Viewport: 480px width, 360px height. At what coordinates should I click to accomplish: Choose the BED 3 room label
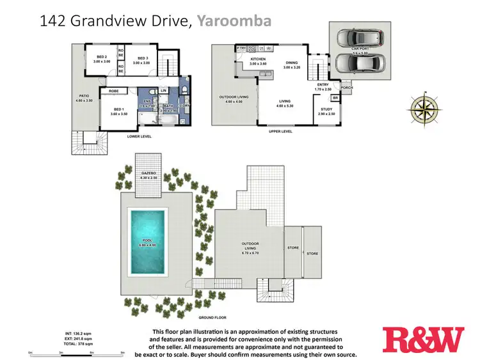click(x=141, y=57)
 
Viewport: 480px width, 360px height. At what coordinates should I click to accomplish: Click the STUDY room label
click(x=326, y=109)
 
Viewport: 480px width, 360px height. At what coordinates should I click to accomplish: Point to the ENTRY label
click(x=323, y=85)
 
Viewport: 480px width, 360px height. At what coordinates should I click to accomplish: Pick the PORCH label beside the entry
click(x=346, y=88)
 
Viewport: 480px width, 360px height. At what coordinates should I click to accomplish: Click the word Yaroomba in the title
click(x=234, y=21)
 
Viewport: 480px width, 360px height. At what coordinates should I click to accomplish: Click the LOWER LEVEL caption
click(x=138, y=136)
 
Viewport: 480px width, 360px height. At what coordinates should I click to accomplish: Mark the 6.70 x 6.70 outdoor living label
click(x=249, y=247)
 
